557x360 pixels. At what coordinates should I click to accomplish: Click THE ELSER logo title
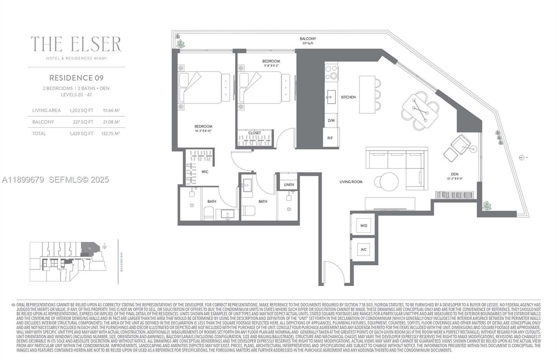76,44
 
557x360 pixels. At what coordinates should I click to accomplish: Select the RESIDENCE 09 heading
76,78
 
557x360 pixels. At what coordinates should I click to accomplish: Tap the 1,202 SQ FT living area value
81,111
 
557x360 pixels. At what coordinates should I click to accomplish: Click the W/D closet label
363,226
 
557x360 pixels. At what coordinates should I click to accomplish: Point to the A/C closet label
363,250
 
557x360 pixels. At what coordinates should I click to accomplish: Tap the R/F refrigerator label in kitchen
330,138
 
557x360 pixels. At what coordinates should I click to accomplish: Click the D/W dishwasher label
331,121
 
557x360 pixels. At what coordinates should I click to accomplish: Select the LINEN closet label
289,185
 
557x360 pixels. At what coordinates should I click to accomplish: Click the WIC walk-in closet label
205,172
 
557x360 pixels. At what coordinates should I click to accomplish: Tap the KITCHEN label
348,97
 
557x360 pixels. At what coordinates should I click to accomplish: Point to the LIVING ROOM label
351,182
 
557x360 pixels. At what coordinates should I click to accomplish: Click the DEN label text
454,174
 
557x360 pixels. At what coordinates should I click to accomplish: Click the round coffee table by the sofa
389,181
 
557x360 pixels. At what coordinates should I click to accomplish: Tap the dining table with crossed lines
420,110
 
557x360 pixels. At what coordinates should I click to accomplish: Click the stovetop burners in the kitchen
331,72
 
